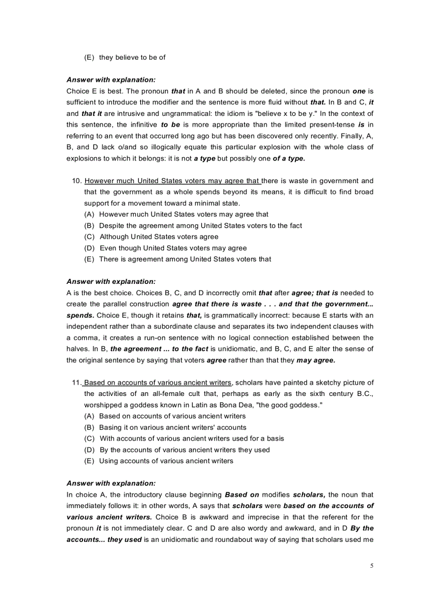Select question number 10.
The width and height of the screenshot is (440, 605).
click(x=77, y=180)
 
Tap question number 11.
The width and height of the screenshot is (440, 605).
click(x=77, y=383)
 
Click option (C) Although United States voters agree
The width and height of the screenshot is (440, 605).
click(x=152, y=237)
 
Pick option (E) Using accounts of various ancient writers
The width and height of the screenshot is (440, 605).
click(x=159, y=461)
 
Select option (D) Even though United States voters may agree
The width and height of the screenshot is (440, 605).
click(x=166, y=248)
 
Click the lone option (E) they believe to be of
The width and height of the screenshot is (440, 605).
click(x=125, y=58)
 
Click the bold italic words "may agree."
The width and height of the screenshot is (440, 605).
click(x=317, y=360)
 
